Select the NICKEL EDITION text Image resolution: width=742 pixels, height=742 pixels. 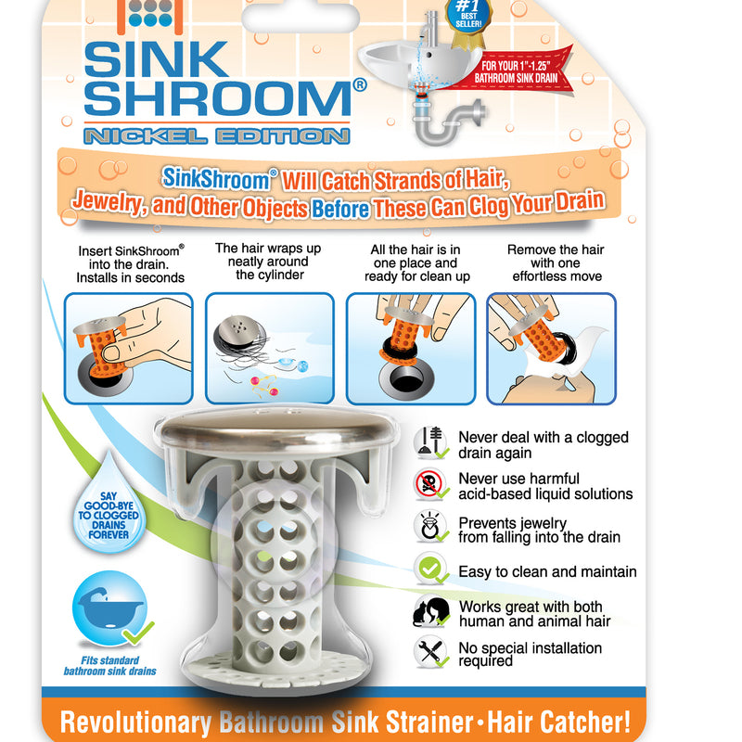pyautogui.click(x=216, y=134)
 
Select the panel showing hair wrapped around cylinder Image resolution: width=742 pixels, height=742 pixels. pyautogui.click(x=269, y=348)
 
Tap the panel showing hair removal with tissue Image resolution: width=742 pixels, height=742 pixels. pyautogui.click(x=551, y=348)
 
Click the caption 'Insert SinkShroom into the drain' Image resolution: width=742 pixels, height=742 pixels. pyautogui.click(x=132, y=262)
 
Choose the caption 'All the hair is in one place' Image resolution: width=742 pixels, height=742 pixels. pyautogui.click(x=416, y=262)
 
